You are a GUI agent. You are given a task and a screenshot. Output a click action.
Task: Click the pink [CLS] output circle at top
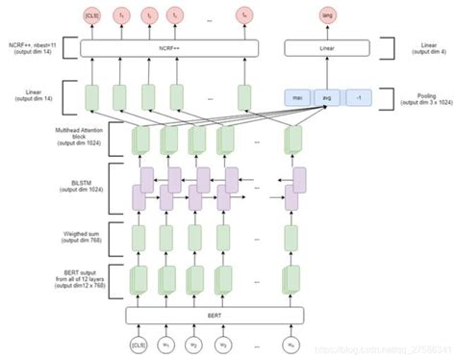click(x=92, y=17)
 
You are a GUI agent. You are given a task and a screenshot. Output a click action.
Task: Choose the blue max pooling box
click(x=300, y=96)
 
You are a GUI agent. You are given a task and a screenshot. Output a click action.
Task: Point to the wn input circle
click(x=291, y=344)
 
